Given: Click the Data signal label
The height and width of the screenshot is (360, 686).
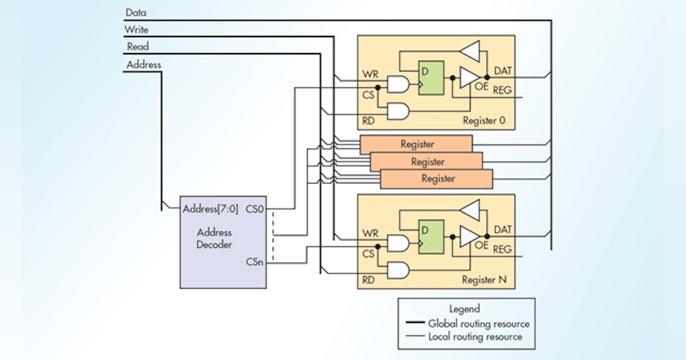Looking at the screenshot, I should pyautogui.click(x=136, y=12).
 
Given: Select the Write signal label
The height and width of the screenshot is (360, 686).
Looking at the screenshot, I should pyautogui.click(x=138, y=29).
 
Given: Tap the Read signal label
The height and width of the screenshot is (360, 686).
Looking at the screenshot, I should pyautogui.click(x=138, y=47).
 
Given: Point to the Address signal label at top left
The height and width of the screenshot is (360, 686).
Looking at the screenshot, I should pyautogui.click(x=143, y=65).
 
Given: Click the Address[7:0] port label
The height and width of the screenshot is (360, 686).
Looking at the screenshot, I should pyautogui.click(x=210, y=209).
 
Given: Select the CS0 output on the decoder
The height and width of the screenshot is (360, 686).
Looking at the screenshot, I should pyautogui.click(x=255, y=209).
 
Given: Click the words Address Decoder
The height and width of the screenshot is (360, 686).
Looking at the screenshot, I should pyautogui.click(x=214, y=238).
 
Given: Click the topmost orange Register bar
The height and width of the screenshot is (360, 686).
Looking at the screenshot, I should pyautogui.click(x=417, y=145).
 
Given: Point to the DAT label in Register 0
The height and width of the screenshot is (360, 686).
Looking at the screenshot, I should pyautogui.click(x=504, y=71).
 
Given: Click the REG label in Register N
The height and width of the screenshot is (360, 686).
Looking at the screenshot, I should pyautogui.click(x=502, y=249).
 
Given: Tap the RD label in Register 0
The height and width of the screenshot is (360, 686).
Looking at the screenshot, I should pyautogui.click(x=369, y=121).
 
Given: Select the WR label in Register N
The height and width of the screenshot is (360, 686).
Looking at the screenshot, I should pyautogui.click(x=370, y=234).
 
